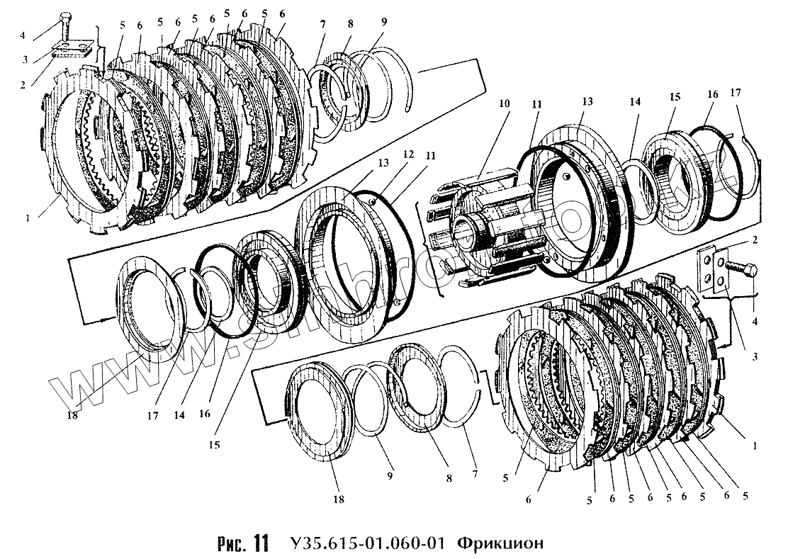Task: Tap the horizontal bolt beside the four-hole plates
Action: point(743,270)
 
